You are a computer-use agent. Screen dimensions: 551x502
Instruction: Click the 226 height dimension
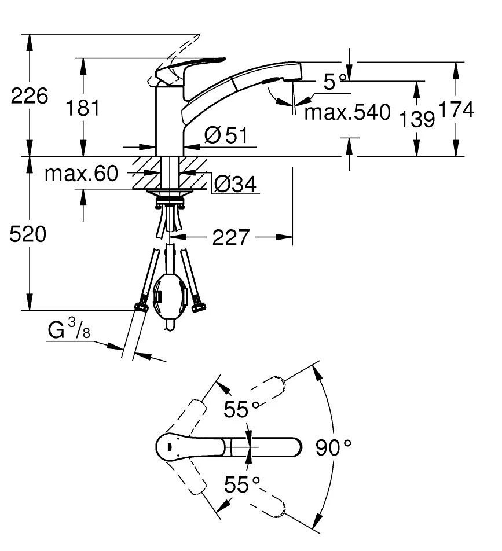pos(30,96)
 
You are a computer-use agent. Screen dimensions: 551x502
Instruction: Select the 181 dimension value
pos(83,108)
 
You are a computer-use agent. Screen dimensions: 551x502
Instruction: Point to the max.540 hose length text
pos(347,112)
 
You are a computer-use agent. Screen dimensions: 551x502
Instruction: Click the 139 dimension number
pos(417,119)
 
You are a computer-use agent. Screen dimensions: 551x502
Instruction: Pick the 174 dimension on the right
pos(456,109)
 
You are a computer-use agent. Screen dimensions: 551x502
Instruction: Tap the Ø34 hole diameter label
pos(234,185)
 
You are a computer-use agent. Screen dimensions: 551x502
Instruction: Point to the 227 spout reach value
pos(230,237)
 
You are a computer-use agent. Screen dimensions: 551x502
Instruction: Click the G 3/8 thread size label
pos(68,330)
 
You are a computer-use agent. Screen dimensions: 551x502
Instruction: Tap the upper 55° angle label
pos(241,410)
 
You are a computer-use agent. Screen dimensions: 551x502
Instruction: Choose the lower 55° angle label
pos(241,484)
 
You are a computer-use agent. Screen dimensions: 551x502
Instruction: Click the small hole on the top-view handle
pos(168,446)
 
